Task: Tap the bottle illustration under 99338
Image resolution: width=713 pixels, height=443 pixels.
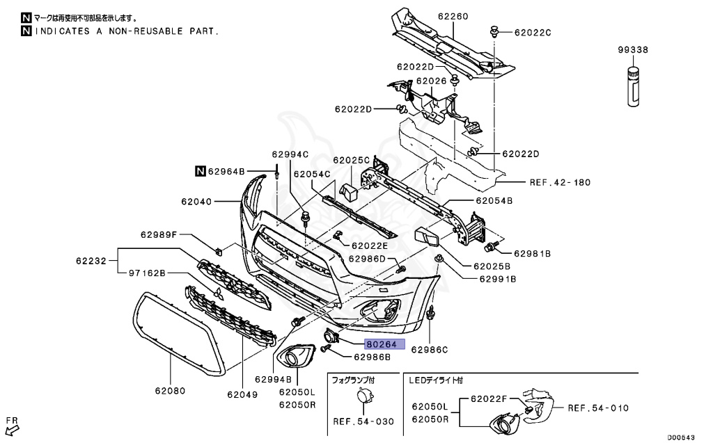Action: pos(634,86)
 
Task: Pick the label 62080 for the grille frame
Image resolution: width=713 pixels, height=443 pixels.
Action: pos(171,390)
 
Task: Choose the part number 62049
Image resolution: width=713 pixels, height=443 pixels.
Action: pos(242,394)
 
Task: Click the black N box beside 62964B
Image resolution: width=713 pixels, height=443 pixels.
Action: pos(199,170)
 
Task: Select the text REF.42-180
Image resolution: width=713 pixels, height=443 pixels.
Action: pos(560,183)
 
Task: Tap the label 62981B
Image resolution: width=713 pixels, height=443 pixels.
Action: pos(533,254)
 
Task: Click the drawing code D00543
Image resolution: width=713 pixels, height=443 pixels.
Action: pos(682,437)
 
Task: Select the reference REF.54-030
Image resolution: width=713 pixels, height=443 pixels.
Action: pos(363,421)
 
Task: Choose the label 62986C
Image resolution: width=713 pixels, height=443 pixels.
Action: pos(430,349)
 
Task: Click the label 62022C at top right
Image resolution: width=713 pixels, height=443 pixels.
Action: pos(533,32)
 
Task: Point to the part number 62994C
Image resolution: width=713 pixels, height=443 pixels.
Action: pos(290,154)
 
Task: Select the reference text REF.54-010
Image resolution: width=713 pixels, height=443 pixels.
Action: pos(599,408)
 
